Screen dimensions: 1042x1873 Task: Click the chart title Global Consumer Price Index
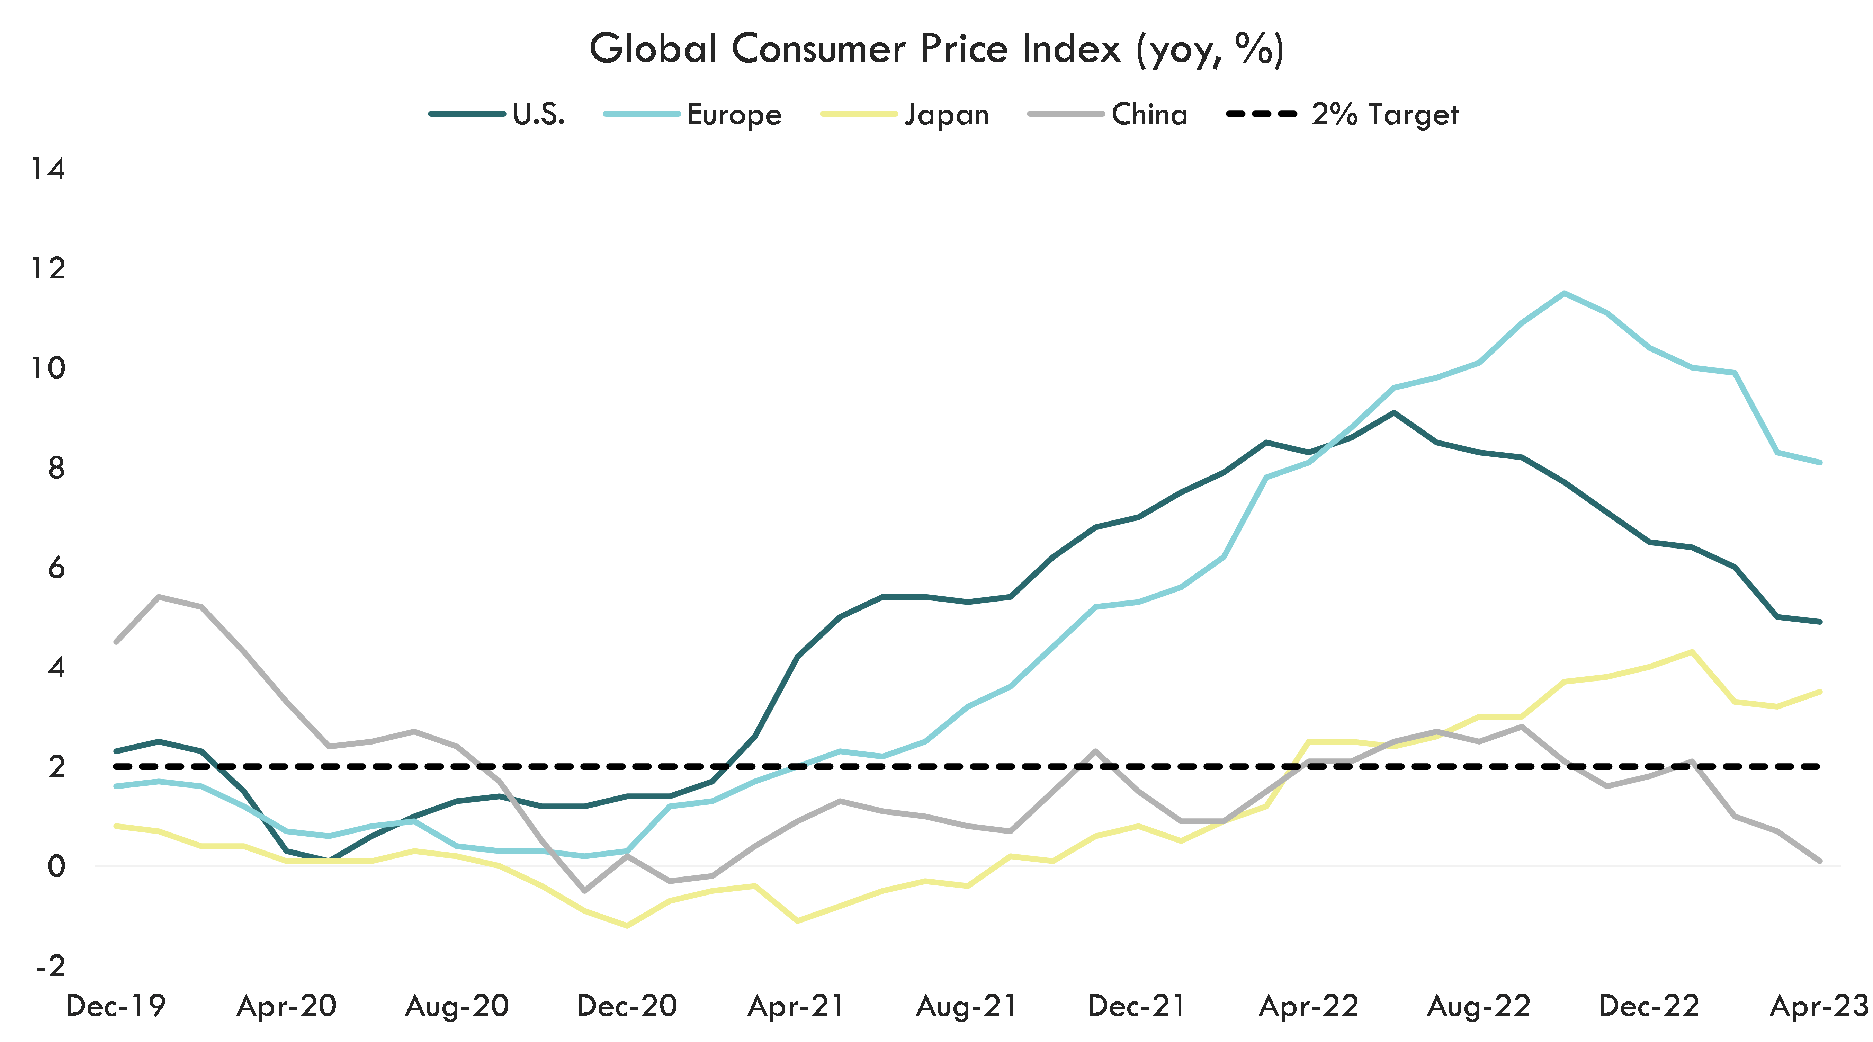pos(936,50)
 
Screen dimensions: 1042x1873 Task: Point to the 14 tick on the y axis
pos(47,169)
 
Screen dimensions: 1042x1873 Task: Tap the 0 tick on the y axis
pos(56,866)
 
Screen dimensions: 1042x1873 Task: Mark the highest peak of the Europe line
pos(1564,293)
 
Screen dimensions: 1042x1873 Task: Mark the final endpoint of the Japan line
pos(1820,692)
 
